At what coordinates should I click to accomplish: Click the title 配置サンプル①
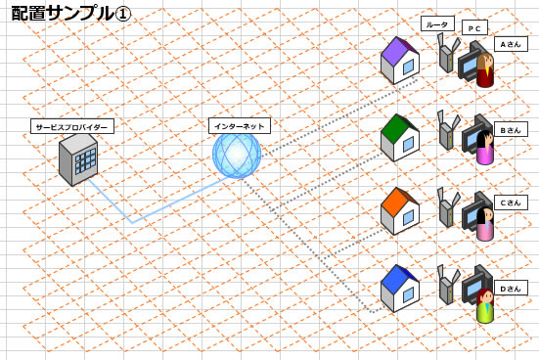69,17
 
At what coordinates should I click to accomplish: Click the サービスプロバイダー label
72,126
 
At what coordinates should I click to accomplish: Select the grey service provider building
78,158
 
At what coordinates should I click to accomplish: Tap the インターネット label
240,125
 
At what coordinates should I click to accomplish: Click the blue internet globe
237,156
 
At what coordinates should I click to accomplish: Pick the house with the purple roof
399,61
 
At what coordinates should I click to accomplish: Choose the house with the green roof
399,138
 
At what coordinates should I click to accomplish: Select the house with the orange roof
399,211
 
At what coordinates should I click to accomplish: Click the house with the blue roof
399,288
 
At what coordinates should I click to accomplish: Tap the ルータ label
437,23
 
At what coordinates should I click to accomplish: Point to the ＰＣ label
474,29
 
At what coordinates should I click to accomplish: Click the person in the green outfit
484,307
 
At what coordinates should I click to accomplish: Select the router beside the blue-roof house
445,286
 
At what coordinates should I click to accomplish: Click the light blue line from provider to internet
132,222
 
